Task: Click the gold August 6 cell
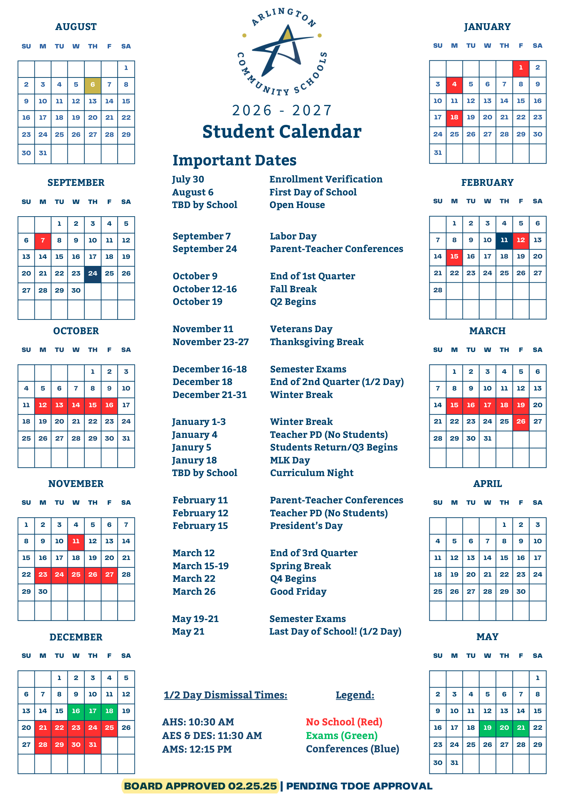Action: click(x=93, y=85)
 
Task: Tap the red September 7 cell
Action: click(x=43, y=240)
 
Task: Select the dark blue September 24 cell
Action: click(x=93, y=274)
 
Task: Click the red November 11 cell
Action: click(x=76, y=541)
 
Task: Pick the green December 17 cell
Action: click(x=93, y=711)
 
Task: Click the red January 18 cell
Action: click(x=454, y=117)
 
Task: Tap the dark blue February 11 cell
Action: click(x=504, y=240)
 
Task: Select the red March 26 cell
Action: click(x=521, y=422)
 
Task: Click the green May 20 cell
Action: click(x=504, y=727)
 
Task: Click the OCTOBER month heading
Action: click(x=76, y=331)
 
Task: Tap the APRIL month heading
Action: click(x=488, y=484)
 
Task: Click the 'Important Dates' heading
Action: click(x=234, y=160)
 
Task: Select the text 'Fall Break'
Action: click(x=293, y=289)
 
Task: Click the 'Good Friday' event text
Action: click(x=298, y=592)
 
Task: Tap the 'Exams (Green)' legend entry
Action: click(x=342, y=736)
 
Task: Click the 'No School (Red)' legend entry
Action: click(x=344, y=722)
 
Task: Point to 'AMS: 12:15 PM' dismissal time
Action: click(x=197, y=749)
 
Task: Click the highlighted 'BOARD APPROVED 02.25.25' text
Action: click(x=200, y=786)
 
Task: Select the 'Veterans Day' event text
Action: click(x=301, y=329)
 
